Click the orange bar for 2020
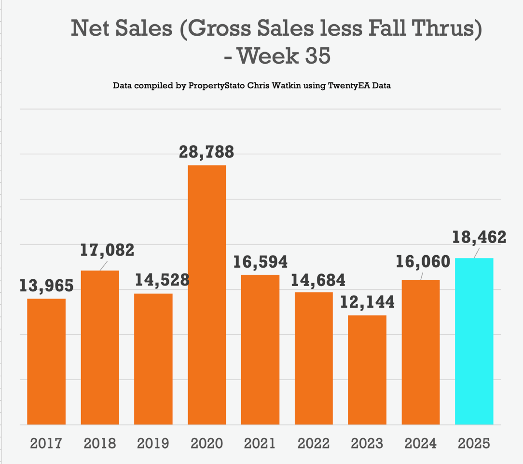206,295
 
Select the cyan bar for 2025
474,341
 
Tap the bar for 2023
367,370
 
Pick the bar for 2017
46,362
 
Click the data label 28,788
206,152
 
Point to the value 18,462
479,237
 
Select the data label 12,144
367,302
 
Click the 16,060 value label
423,261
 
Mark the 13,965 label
46,286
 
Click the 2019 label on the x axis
153,443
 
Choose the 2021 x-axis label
260,443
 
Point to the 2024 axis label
420,443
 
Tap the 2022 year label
314,443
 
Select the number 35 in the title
317,56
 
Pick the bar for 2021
260,350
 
